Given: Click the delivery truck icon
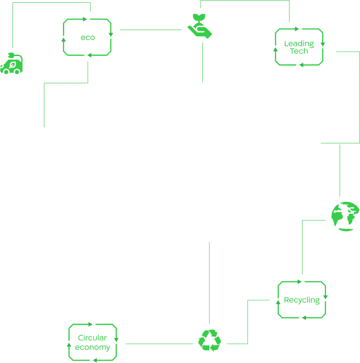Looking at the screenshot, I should pos(12,64).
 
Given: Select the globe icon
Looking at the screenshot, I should pos(346,216).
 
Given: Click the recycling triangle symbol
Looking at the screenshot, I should pos(209,340).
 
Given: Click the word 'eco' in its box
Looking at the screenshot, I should pos(86,38).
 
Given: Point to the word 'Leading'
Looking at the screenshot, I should pos(299,44).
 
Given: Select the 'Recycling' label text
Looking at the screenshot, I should pos(302,300).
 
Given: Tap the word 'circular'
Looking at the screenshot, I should pos(93,338).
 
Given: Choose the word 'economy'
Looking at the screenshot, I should pos(93,347).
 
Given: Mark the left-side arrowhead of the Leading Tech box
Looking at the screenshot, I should pos(275,49).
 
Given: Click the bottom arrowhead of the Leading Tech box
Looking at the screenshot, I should pos(303,65).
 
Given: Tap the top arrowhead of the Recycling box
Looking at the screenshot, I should pos(299,281).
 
